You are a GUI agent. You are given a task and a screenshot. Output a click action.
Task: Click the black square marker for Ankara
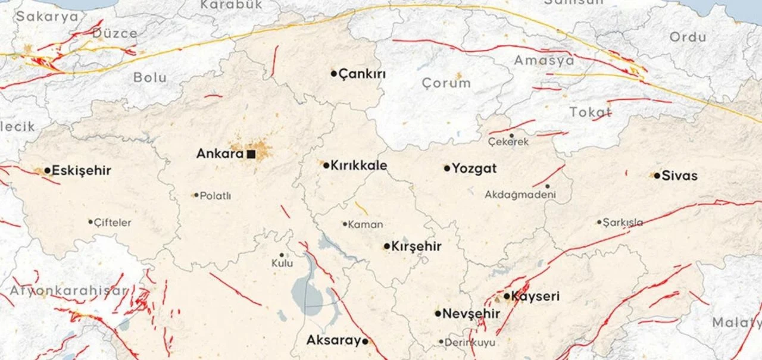pos(251,154)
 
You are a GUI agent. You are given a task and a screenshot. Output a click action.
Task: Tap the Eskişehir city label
pos(82,171)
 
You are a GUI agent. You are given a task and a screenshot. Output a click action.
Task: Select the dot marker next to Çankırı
pos(334,74)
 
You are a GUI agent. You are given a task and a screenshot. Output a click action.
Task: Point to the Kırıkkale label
pos(359,165)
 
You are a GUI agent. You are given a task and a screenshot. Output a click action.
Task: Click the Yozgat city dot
pos(447,168)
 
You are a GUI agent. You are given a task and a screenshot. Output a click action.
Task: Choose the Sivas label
pos(679,176)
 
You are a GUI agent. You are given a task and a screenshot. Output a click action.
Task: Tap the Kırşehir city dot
pos(387,246)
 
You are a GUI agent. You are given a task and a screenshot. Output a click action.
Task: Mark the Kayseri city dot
pos(507,296)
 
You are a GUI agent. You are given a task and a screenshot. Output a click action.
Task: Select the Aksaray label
pos(333,341)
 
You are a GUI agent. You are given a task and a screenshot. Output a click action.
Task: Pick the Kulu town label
pos(282,263)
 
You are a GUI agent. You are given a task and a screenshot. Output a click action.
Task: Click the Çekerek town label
pos(508,142)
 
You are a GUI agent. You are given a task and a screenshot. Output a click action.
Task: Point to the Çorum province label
pos(446,83)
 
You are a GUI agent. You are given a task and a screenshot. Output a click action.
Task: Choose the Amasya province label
pos(544,61)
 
